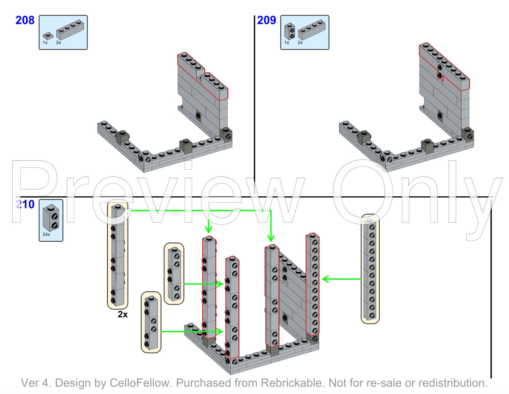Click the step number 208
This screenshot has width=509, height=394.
(25, 20)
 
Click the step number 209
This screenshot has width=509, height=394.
(266, 20)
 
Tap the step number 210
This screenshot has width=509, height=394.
(25, 204)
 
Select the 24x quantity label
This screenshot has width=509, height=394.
(46, 234)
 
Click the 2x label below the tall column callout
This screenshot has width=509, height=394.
(123, 314)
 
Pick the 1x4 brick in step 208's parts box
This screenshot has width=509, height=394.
(70, 30)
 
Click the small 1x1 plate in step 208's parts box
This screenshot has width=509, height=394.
(48, 36)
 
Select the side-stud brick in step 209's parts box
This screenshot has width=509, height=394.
(290, 31)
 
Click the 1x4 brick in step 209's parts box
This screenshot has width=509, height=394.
(311, 30)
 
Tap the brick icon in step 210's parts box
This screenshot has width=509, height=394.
(51, 218)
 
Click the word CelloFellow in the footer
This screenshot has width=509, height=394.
(139, 383)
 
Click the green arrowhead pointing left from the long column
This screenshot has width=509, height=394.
(326, 279)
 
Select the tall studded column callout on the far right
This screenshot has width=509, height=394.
(370, 269)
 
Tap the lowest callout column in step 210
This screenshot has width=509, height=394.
(151, 322)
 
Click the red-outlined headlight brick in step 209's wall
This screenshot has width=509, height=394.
(440, 71)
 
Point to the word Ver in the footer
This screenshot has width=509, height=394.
(30, 383)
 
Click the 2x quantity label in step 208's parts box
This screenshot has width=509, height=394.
(59, 42)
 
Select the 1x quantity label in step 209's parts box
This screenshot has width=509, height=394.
(287, 42)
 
